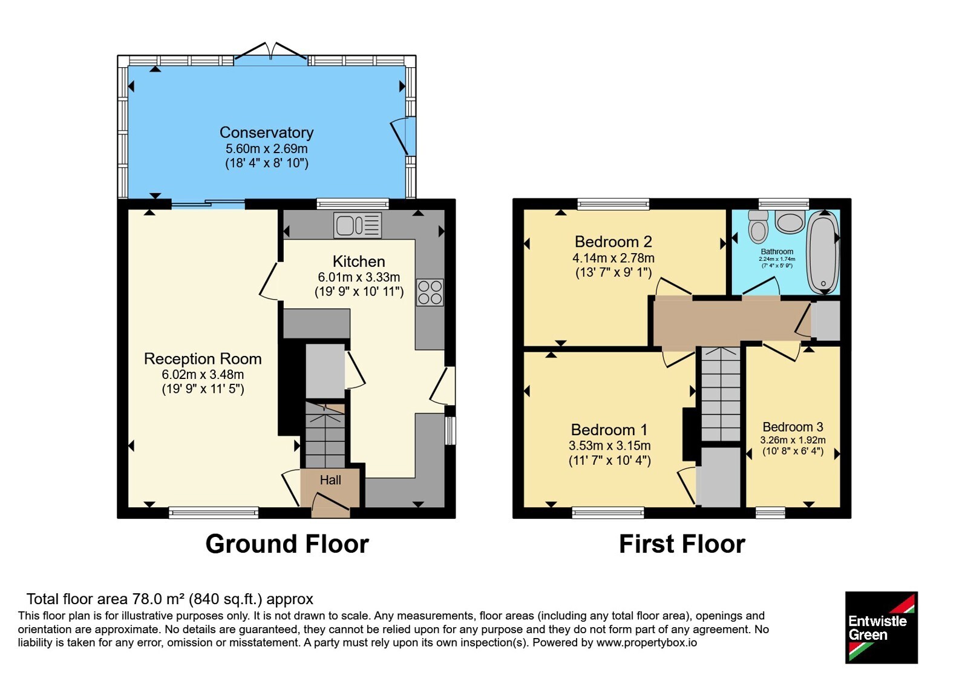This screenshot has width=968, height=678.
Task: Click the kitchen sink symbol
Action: click(358, 225)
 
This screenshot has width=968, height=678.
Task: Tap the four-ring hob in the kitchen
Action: click(430, 292)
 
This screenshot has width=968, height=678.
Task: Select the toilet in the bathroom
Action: click(758, 226)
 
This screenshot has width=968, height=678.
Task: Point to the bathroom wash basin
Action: click(790, 222)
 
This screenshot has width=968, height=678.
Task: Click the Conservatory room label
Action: click(267, 133)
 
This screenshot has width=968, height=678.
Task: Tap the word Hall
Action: click(330, 480)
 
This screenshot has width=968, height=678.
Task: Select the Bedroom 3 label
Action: click(793, 427)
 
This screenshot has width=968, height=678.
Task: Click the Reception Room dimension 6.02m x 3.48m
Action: click(203, 374)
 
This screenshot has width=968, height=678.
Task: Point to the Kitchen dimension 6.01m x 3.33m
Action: click(359, 277)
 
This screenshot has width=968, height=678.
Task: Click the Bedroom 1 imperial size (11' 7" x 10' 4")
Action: click(610, 461)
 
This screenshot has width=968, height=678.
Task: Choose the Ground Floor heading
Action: click(287, 544)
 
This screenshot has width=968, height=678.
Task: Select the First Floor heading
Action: click(682, 544)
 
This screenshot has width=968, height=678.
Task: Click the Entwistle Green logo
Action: click(881, 627)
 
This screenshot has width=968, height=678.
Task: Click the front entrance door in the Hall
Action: click(330, 502)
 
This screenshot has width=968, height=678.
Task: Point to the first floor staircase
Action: click(721, 394)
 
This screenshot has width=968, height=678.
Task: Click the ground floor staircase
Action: click(325, 435)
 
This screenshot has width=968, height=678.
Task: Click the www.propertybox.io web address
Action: click(647, 642)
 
